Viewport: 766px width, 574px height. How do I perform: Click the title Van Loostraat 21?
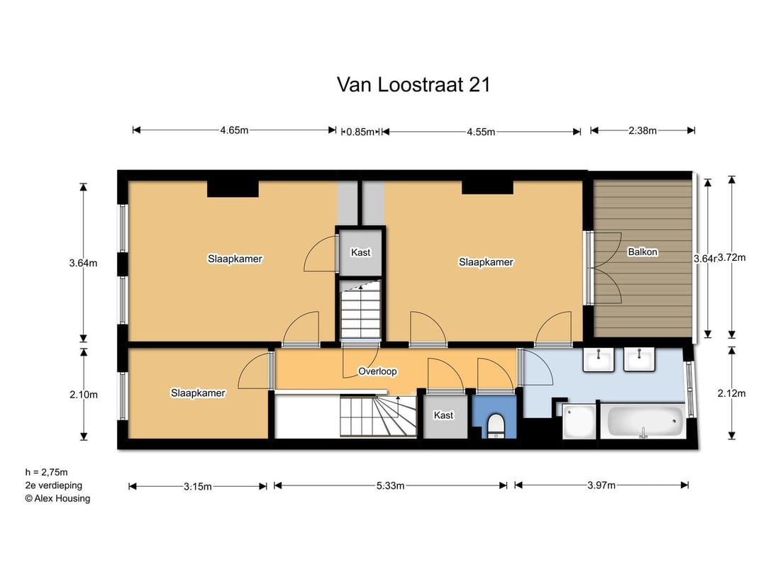413,85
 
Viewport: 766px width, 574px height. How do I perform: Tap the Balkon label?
643,252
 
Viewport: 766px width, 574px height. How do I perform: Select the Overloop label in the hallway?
377,371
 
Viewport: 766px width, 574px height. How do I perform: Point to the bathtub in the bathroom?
645,423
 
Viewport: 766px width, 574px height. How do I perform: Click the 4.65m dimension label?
234,130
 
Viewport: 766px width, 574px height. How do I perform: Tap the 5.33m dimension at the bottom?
390,485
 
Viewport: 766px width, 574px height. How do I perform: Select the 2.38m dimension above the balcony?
643,130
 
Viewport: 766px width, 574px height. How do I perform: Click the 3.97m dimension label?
601,485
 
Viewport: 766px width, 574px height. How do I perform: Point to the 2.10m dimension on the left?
83,395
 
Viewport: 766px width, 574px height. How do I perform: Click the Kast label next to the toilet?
443,415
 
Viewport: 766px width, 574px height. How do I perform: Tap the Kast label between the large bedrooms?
360,252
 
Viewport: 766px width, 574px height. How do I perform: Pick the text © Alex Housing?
57,498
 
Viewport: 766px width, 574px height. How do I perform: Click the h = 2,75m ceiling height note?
46,472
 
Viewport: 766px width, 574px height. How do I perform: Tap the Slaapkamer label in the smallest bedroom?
198,393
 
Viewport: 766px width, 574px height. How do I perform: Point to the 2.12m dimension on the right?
731,395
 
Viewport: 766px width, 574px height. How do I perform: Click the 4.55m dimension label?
481,131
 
